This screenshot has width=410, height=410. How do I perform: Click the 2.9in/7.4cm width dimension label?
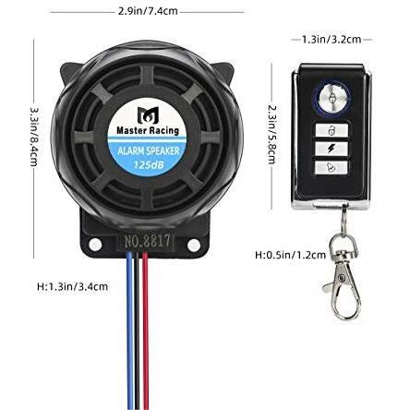148,11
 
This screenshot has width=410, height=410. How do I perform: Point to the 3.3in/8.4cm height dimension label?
34,137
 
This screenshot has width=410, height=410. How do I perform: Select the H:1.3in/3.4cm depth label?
73,286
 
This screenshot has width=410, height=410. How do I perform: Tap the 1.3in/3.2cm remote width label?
332,40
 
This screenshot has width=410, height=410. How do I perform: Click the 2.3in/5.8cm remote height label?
272,135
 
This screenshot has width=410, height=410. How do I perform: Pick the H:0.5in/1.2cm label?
290,255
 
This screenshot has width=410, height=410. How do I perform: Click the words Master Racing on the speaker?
148,130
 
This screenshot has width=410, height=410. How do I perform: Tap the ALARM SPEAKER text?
149,151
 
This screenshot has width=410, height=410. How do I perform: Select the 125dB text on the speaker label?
148,164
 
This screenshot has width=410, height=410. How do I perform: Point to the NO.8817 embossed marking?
147,240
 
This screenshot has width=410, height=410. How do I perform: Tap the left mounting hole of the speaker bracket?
95,245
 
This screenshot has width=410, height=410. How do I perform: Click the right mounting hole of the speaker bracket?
193,245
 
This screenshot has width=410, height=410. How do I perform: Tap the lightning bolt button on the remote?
332,149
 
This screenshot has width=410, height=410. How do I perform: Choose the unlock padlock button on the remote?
332,130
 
